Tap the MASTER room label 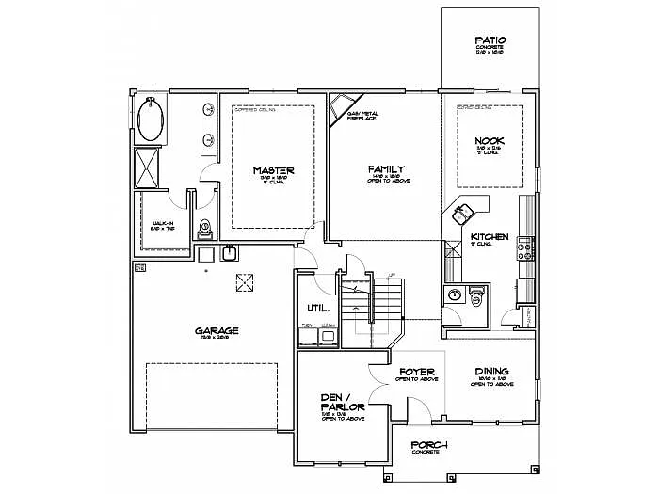click(273, 170)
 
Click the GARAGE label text click(217, 330)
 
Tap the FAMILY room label click(386, 169)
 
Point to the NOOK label click(490, 140)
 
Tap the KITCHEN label click(490, 236)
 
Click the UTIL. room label click(316, 308)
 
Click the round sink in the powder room click(454, 295)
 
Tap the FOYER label click(416, 372)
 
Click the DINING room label click(491, 371)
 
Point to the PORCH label click(429, 444)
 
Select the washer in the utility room click(329, 334)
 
